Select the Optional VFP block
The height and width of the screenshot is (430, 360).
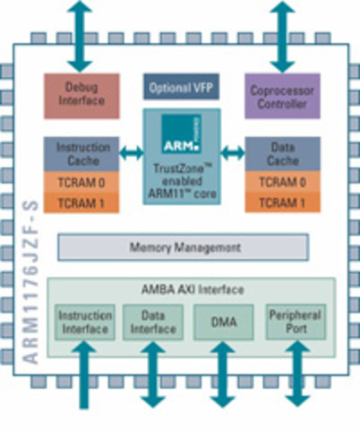pyautogui.click(x=179, y=87)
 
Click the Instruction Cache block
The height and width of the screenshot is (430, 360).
pyautogui.click(x=82, y=152)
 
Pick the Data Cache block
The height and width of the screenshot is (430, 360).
pyautogui.click(x=282, y=152)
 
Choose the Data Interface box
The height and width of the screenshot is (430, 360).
pyautogui.click(x=153, y=322)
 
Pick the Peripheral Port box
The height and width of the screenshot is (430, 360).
pyautogui.click(x=294, y=322)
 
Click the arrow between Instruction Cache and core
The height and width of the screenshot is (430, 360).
pyautogui.click(x=132, y=153)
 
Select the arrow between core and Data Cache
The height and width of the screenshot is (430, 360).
pyautogui.click(x=232, y=153)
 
